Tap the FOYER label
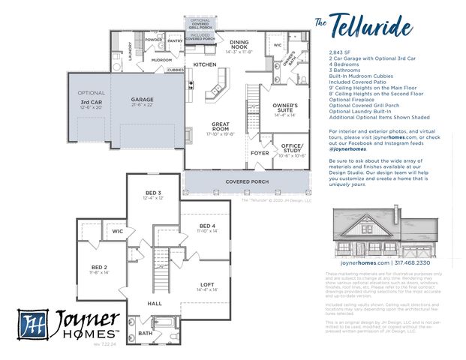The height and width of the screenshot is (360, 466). click(x=260, y=153)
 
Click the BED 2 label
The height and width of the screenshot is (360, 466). click(x=100, y=267)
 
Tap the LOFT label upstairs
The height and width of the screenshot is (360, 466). click(x=206, y=285)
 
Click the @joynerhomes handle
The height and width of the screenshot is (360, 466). click(x=347, y=149)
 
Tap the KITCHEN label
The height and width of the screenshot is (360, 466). click(x=205, y=64)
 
